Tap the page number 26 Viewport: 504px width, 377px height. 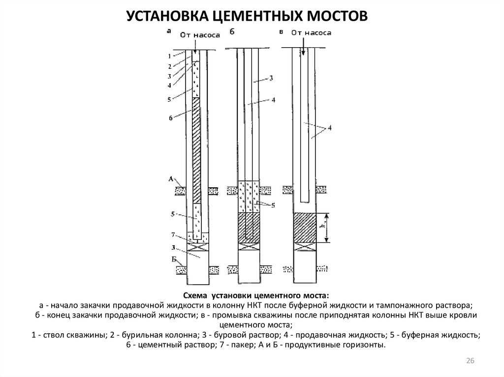[470, 361]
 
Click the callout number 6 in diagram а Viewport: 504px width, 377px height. [171, 118]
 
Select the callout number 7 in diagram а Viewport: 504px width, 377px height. [173, 235]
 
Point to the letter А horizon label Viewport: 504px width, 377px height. [171, 179]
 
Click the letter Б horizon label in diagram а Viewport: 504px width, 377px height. [174, 260]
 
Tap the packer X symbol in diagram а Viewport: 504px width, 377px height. [198, 247]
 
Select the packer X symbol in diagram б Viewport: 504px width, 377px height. [249, 247]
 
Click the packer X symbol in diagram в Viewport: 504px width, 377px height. [305, 247]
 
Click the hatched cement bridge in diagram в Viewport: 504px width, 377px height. [305, 228]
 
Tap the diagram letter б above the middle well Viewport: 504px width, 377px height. [232, 31]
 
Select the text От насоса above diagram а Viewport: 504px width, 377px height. [200, 35]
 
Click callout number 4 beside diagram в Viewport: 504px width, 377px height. [329, 128]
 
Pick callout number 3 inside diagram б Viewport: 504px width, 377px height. [271, 78]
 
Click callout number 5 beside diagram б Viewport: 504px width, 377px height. [273, 205]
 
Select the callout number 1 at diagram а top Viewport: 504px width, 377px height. [169, 57]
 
